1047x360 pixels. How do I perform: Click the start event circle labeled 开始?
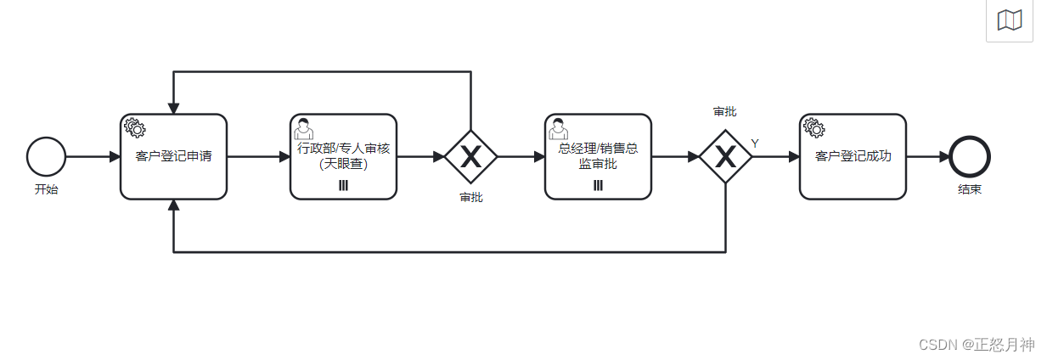click(x=46, y=157)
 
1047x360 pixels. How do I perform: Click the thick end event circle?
click(x=970, y=157)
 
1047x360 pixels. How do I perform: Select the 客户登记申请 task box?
click(x=173, y=157)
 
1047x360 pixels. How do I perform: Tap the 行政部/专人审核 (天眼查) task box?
click(x=343, y=157)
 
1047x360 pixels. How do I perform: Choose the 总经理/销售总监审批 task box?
click(x=598, y=157)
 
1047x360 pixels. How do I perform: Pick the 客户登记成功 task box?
click(x=853, y=157)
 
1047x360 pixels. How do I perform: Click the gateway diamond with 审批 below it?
click(x=470, y=157)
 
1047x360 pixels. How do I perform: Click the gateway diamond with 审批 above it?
click(x=725, y=157)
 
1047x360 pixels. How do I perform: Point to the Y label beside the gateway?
click(x=755, y=143)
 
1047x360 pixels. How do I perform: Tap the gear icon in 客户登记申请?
click(x=134, y=128)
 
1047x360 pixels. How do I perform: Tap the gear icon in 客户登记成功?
click(x=813, y=128)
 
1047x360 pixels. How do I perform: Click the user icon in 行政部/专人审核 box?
click(x=303, y=128)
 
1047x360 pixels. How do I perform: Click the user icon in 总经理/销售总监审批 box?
click(x=558, y=128)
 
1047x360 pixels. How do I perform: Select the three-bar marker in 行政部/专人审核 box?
click(x=343, y=186)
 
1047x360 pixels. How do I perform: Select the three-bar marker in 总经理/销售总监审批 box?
click(x=598, y=186)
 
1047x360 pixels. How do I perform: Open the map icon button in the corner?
click(x=1009, y=20)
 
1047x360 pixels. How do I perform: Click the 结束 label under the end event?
click(x=970, y=189)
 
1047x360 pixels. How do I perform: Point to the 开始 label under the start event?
click(x=46, y=189)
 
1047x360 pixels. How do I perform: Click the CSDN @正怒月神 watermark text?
click(x=977, y=344)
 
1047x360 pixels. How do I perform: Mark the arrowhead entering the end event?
click(x=943, y=157)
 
